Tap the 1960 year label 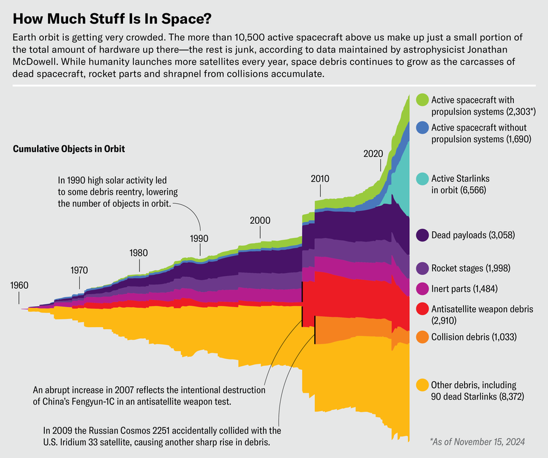[x=19, y=286]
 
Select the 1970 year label [x=79, y=269]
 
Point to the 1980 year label [x=139, y=252]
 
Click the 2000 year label [x=260, y=220]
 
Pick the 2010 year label [x=320, y=179]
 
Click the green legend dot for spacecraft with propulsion [x=421, y=100]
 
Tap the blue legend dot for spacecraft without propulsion [x=421, y=128]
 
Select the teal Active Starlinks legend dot [x=421, y=179]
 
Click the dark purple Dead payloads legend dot [x=421, y=235]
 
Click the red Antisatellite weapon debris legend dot [x=421, y=309]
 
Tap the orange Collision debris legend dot [x=421, y=336]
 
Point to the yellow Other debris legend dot [x=421, y=385]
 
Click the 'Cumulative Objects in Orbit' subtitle [x=69, y=148]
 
